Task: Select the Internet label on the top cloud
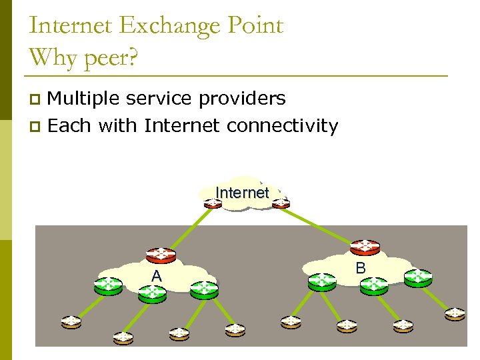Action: pos(242,193)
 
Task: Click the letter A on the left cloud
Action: pos(156,276)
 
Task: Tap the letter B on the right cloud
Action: pos(361,268)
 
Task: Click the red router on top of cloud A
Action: pos(161,255)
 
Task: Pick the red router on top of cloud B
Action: pos(365,247)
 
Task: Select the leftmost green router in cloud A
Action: pos(107,285)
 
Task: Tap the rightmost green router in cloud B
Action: pos(418,277)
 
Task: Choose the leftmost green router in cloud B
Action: pos(322,282)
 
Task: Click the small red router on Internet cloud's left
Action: pos(213,202)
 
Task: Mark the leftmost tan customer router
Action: pos(70,322)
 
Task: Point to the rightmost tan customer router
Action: pos(455,313)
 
